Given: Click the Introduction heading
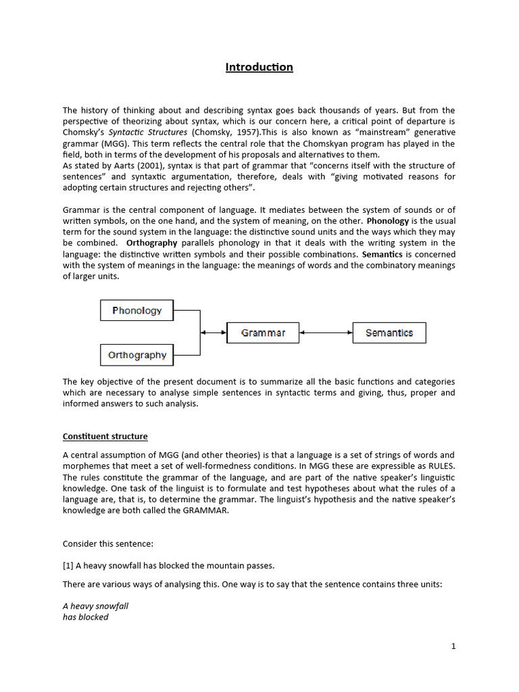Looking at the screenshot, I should (x=259, y=67).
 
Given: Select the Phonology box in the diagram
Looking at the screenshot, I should (x=137, y=311).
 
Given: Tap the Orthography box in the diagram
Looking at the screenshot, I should (x=137, y=355).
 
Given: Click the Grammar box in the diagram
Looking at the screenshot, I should (x=263, y=332).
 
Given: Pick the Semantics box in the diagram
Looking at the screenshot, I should (x=389, y=332).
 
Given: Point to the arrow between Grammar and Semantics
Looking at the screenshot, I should (x=326, y=332).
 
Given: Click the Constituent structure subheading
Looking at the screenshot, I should (x=105, y=437).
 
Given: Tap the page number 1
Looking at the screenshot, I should (x=453, y=646).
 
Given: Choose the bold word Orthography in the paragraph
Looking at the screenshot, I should (x=152, y=243).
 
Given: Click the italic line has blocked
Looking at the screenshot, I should (x=85, y=617).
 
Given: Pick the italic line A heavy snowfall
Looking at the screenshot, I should (x=95, y=606).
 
